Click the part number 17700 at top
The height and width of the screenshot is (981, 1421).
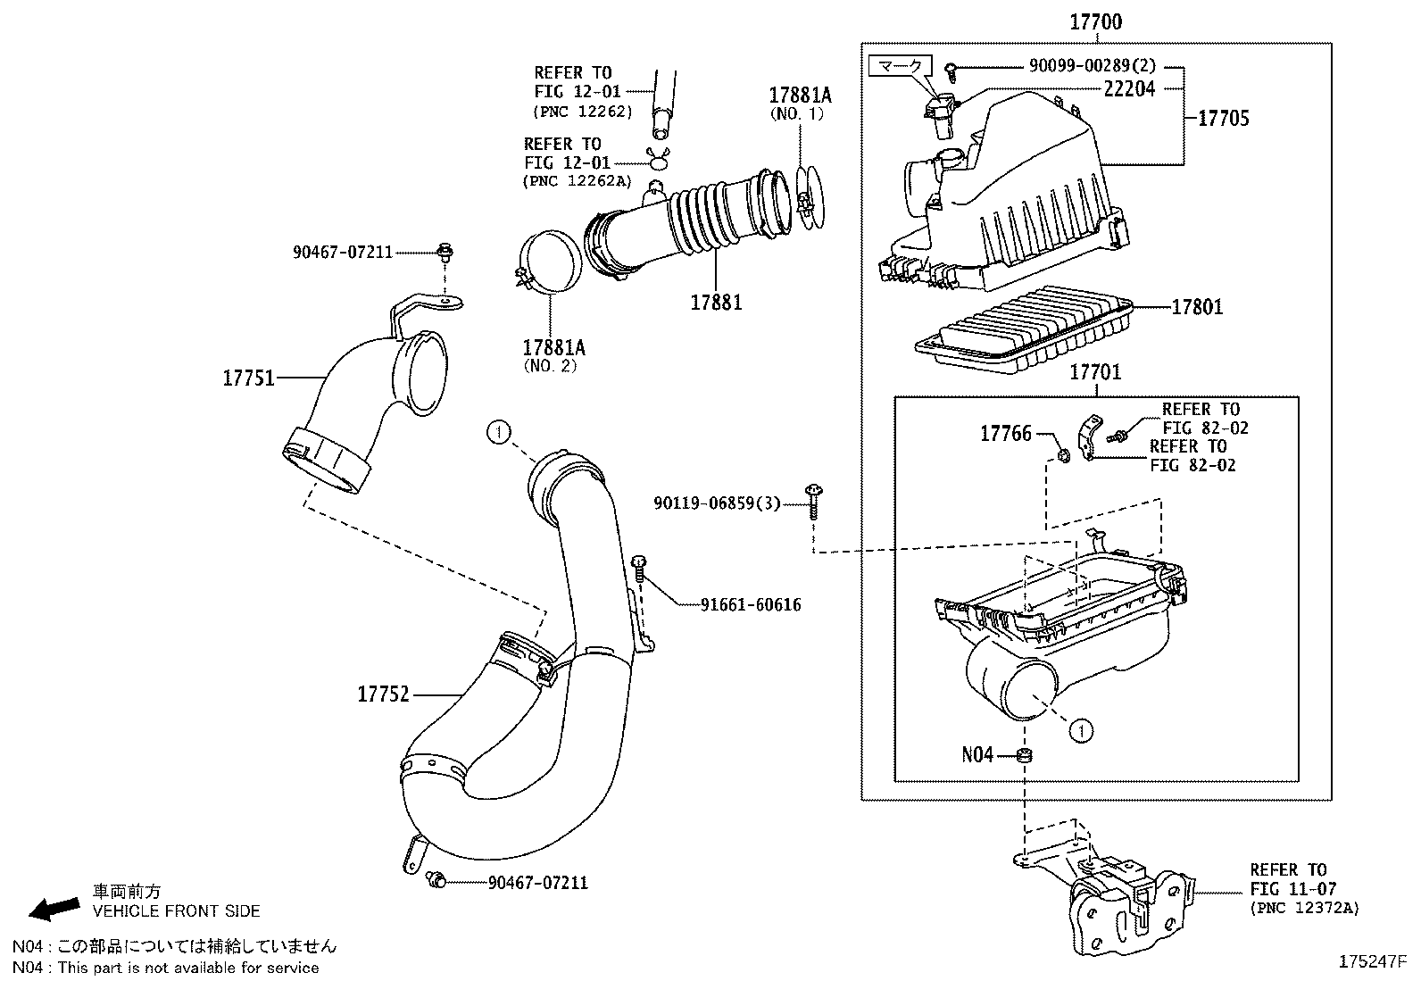point(1095,21)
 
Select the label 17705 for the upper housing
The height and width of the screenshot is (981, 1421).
point(1223,118)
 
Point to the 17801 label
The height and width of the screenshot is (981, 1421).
point(1197,307)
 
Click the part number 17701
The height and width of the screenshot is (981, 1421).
point(1095,371)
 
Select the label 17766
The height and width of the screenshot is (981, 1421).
point(1005,434)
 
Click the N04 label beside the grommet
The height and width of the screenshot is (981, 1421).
point(977,755)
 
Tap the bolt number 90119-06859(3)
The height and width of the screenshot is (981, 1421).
point(717,504)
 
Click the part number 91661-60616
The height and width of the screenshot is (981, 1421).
point(751,604)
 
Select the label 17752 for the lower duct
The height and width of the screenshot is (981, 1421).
point(383,693)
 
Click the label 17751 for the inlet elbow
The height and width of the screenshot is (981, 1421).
point(248,378)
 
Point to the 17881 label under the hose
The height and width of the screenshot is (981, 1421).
point(716,303)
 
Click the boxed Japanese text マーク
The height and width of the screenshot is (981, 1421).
point(901,66)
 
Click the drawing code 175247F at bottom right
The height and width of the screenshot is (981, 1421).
point(1372,961)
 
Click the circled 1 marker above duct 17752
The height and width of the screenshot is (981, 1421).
point(498,433)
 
